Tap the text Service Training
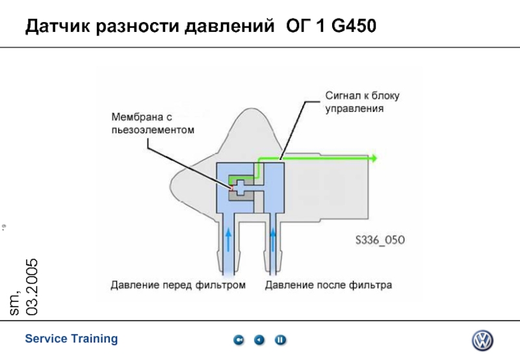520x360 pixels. (71, 339)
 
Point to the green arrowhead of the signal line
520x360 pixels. (373, 158)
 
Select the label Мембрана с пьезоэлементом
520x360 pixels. (153, 123)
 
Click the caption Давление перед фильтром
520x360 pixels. (178, 285)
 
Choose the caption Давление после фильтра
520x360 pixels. (328, 285)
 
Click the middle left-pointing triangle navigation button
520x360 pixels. (259, 340)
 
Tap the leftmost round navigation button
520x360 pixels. (239, 340)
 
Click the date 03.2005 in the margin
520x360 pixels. (31, 286)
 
